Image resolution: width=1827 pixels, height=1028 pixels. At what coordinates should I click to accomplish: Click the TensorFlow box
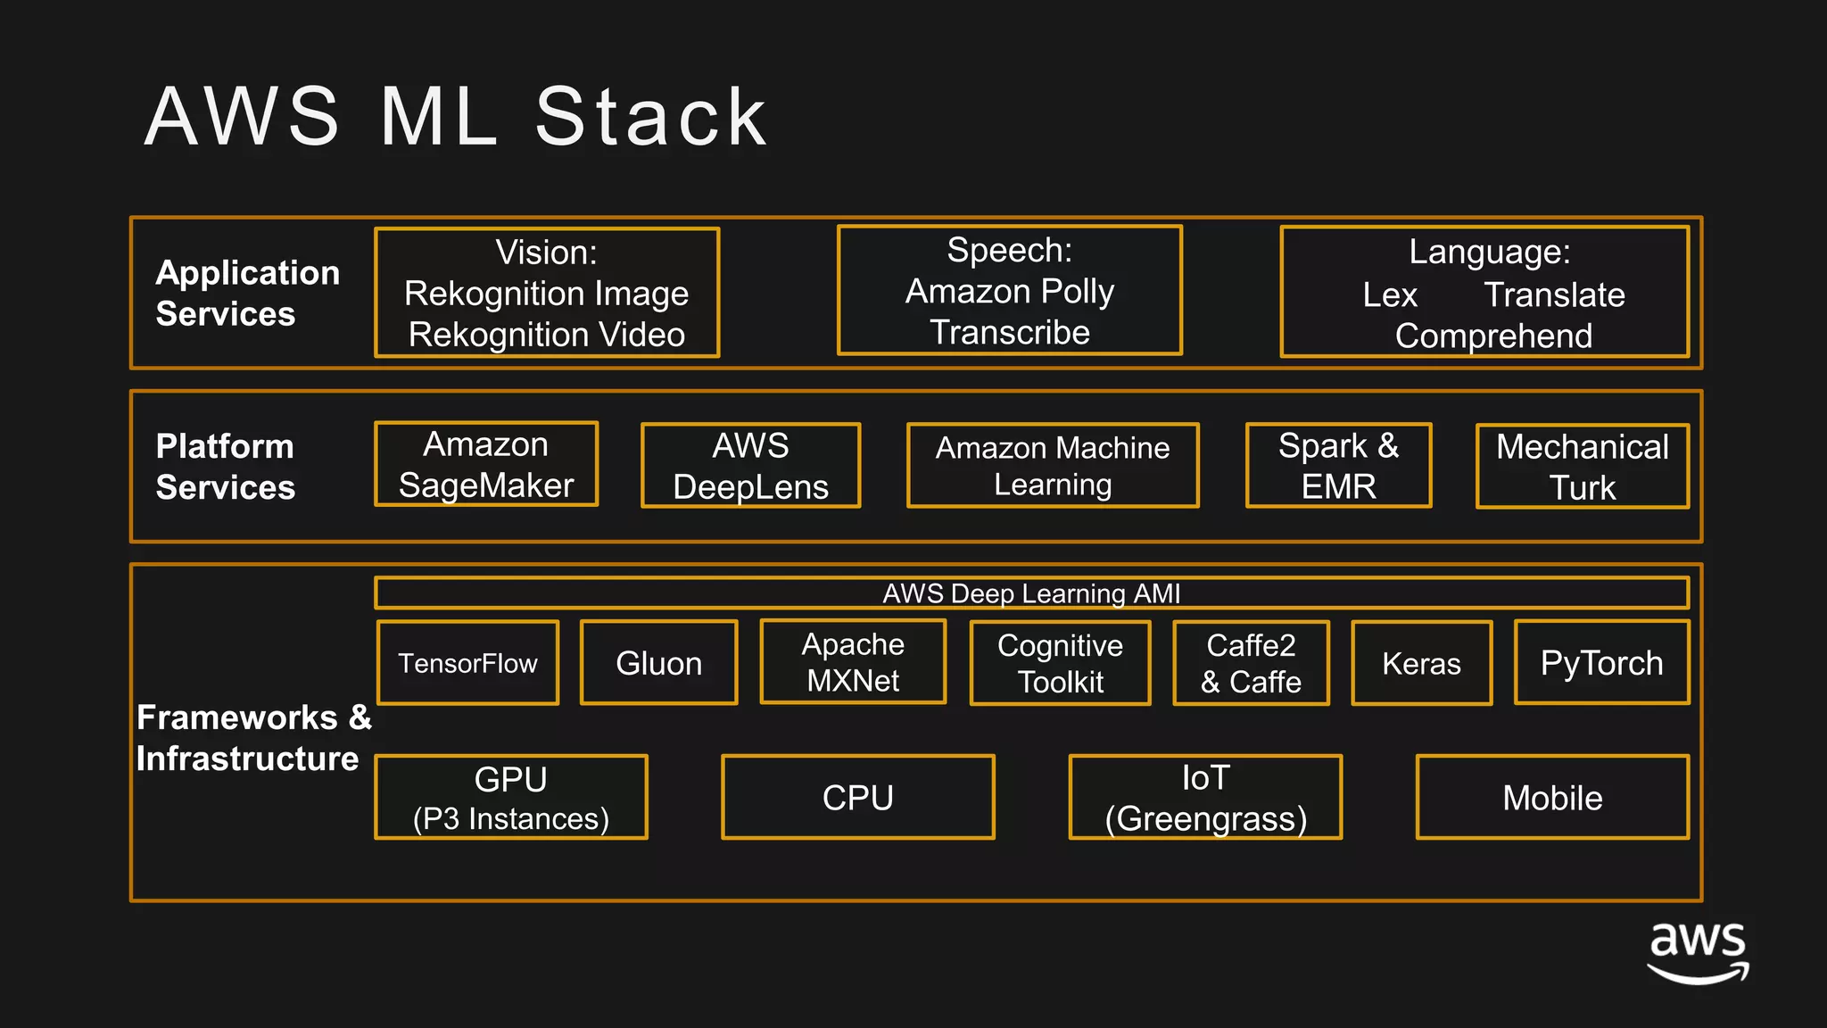pyautogui.click(x=468, y=663)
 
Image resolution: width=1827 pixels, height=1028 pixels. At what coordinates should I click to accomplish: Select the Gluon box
pyautogui.click(x=659, y=663)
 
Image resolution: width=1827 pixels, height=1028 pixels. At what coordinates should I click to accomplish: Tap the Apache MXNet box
pyautogui.click(x=853, y=662)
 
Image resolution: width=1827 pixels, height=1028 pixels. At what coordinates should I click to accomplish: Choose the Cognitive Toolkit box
pyautogui.click(x=1060, y=663)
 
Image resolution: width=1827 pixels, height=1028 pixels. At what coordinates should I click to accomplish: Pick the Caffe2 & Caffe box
pyautogui.click(x=1251, y=663)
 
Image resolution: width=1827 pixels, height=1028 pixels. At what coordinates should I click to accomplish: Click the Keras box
pyautogui.click(x=1421, y=663)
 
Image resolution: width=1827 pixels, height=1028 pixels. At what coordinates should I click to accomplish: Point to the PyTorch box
pyautogui.click(x=1601, y=662)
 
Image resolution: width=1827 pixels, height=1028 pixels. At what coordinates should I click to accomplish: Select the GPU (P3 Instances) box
pyautogui.click(x=511, y=797)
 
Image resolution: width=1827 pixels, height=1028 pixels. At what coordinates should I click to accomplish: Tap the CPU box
pyautogui.click(x=857, y=797)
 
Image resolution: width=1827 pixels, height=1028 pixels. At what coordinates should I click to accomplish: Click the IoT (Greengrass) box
pyautogui.click(x=1205, y=797)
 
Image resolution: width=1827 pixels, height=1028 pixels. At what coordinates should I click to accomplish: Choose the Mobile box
pyautogui.click(x=1552, y=797)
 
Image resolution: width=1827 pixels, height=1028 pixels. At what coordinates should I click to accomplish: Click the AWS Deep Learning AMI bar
pyautogui.click(x=1031, y=593)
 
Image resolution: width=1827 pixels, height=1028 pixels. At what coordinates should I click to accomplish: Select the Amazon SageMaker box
pyautogui.click(x=486, y=464)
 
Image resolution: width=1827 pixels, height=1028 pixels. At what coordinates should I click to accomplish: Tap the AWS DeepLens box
pyautogui.click(x=750, y=465)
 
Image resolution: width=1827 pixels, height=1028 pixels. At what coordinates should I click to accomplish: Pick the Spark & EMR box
pyautogui.click(x=1338, y=465)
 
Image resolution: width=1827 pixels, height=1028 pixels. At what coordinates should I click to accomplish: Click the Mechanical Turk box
pyautogui.click(x=1582, y=466)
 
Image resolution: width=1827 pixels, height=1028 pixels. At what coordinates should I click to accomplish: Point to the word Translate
pyautogui.click(x=1554, y=294)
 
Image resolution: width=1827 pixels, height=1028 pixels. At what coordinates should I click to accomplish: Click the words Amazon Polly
pyautogui.click(x=1010, y=291)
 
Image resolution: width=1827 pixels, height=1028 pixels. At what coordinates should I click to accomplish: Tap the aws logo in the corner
pyautogui.click(x=1697, y=952)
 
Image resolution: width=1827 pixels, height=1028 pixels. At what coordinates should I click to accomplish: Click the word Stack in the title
pyautogui.click(x=651, y=117)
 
